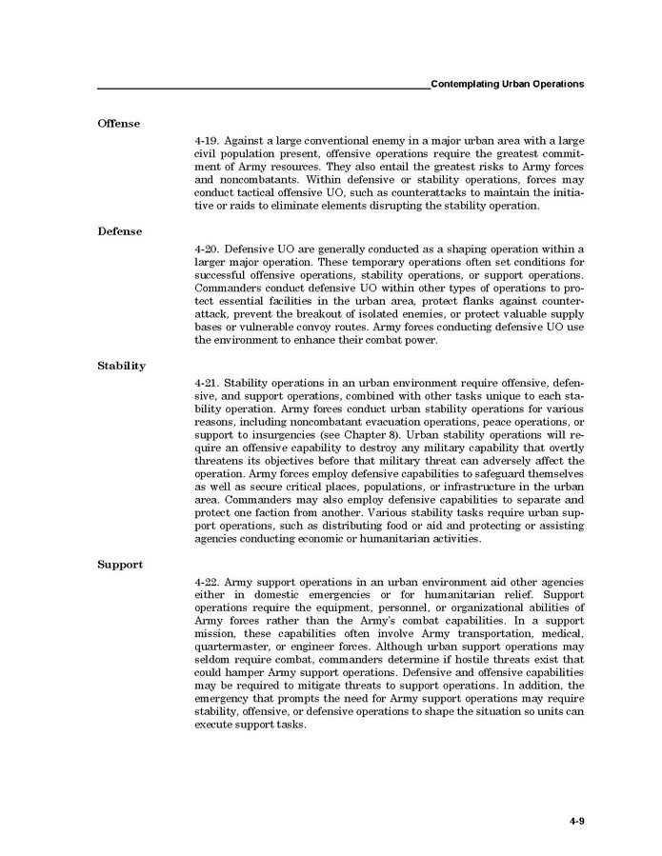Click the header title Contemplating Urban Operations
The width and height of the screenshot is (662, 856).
click(x=507, y=85)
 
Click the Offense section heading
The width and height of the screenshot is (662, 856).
click(x=118, y=124)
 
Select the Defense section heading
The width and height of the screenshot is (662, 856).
click(x=119, y=231)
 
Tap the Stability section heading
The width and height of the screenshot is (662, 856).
click(x=121, y=366)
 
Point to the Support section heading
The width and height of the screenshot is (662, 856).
click(x=120, y=565)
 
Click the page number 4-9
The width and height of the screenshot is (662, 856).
click(x=576, y=820)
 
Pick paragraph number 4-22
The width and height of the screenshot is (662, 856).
click(x=207, y=581)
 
